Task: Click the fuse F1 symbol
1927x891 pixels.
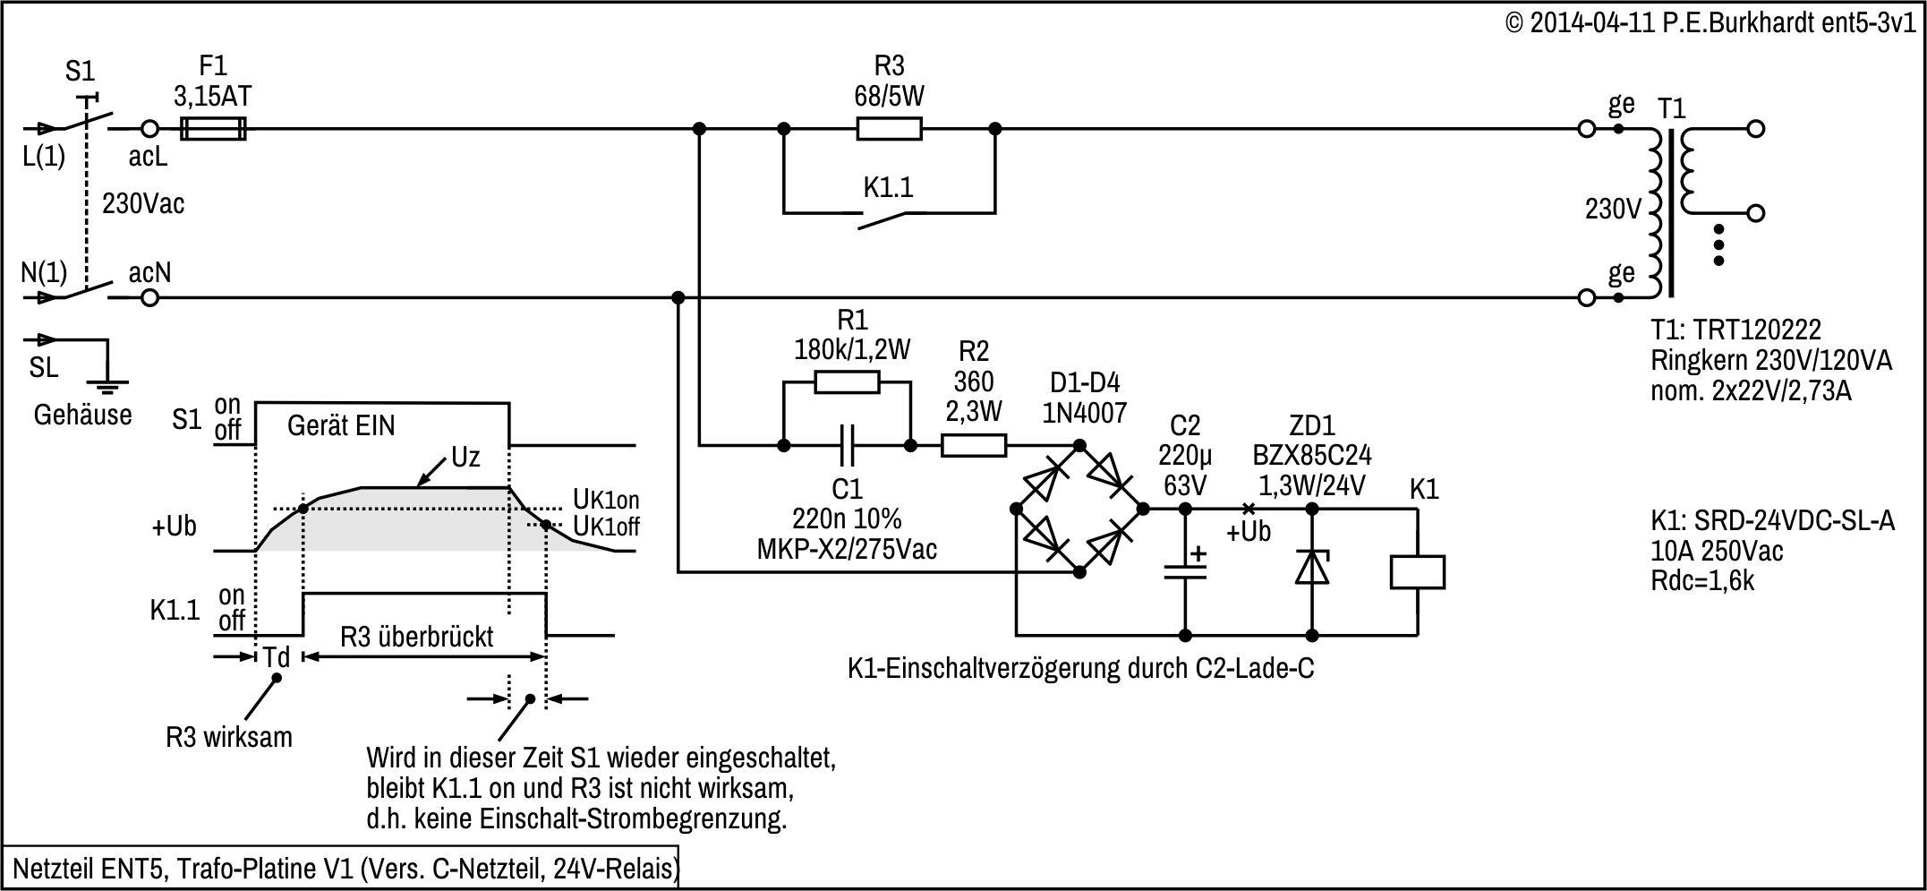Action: tap(213, 129)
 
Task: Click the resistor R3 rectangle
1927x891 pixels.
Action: tap(889, 129)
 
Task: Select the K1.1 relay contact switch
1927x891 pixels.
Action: tap(882, 217)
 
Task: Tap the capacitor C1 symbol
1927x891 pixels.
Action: tap(847, 445)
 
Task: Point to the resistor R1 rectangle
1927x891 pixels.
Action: tap(847, 383)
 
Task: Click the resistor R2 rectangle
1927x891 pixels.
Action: tap(974, 445)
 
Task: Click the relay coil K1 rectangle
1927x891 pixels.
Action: tap(1417, 572)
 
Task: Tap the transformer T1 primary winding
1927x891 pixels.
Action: tap(1654, 213)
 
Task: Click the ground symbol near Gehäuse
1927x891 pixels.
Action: tap(107, 387)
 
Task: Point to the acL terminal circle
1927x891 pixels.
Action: tap(150, 129)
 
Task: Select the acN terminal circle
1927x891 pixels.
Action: tap(150, 297)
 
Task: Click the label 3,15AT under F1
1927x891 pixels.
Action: tap(213, 97)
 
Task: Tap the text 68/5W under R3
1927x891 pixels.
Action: tap(889, 97)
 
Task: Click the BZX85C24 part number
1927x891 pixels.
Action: tap(1311, 456)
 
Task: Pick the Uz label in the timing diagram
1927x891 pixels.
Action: tap(465, 458)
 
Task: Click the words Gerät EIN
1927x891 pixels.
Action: tap(341, 425)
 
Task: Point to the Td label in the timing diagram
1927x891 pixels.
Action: tap(276, 657)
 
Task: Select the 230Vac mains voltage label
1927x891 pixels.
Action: tap(143, 204)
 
